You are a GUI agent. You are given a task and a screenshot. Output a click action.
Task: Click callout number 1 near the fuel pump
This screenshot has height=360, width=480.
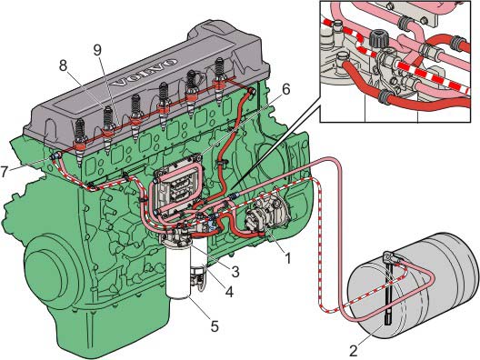click(x=287, y=257)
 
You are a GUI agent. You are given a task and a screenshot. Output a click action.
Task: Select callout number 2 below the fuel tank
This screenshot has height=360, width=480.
click(x=354, y=351)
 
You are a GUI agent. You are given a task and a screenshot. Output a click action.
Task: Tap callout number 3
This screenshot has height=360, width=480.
click(x=235, y=271)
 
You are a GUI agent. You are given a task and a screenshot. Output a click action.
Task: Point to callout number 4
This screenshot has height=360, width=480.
click(x=229, y=292)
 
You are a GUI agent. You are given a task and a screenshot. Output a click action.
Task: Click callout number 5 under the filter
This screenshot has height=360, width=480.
click(x=215, y=326)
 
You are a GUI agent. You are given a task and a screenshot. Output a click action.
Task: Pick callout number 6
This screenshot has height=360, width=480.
click(x=285, y=89)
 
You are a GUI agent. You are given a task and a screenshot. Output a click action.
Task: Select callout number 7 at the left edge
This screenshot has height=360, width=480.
click(x=5, y=172)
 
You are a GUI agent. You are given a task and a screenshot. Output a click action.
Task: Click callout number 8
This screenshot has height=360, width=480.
click(x=63, y=65)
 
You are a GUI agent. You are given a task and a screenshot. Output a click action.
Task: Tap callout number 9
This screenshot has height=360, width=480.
click(x=97, y=51)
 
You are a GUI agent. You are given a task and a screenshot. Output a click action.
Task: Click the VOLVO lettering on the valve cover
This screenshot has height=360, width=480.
click(x=144, y=72)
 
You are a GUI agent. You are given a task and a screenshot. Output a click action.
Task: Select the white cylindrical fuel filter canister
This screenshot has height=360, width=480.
click(x=179, y=269)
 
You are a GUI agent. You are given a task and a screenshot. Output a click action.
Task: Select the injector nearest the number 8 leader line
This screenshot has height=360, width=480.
click(x=108, y=129)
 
